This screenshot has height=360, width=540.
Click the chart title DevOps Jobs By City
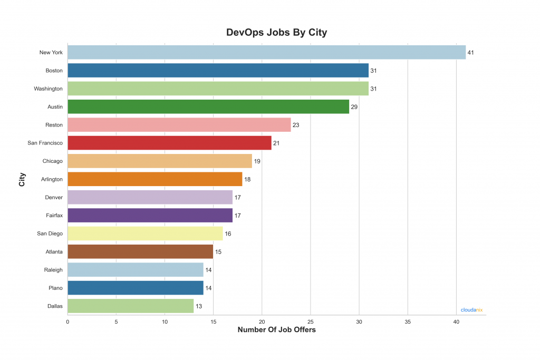(x=276, y=33)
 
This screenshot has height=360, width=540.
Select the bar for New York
(x=266, y=52)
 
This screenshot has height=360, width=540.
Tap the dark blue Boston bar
(x=218, y=71)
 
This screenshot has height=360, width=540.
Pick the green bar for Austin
(x=208, y=107)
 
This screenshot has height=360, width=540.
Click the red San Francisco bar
(x=169, y=143)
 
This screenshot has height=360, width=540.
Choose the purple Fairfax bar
(x=150, y=216)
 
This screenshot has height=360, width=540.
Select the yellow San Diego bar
(x=145, y=233)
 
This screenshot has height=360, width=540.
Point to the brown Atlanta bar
(x=140, y=251)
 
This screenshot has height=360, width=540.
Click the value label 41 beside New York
(x=471, y=53)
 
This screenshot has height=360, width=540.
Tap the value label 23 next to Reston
(x=296, y=125)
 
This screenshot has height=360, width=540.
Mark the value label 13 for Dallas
(x=199, y=306)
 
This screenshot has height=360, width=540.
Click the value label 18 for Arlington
(x=247, y=179)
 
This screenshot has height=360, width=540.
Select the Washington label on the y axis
(x=48, y=89)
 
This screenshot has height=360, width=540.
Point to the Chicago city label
(x=52, y=161)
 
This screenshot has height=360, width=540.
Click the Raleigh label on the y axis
(x=53, y=270)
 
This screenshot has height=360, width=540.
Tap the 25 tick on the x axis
(x=311, y=321)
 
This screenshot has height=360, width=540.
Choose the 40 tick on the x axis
(x=456, y=321)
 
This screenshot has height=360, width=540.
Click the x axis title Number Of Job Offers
(x=276, y=330)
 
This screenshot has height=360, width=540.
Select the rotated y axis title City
(x=22, y=179)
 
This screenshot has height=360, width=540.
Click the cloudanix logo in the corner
(x=471, y=310)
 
